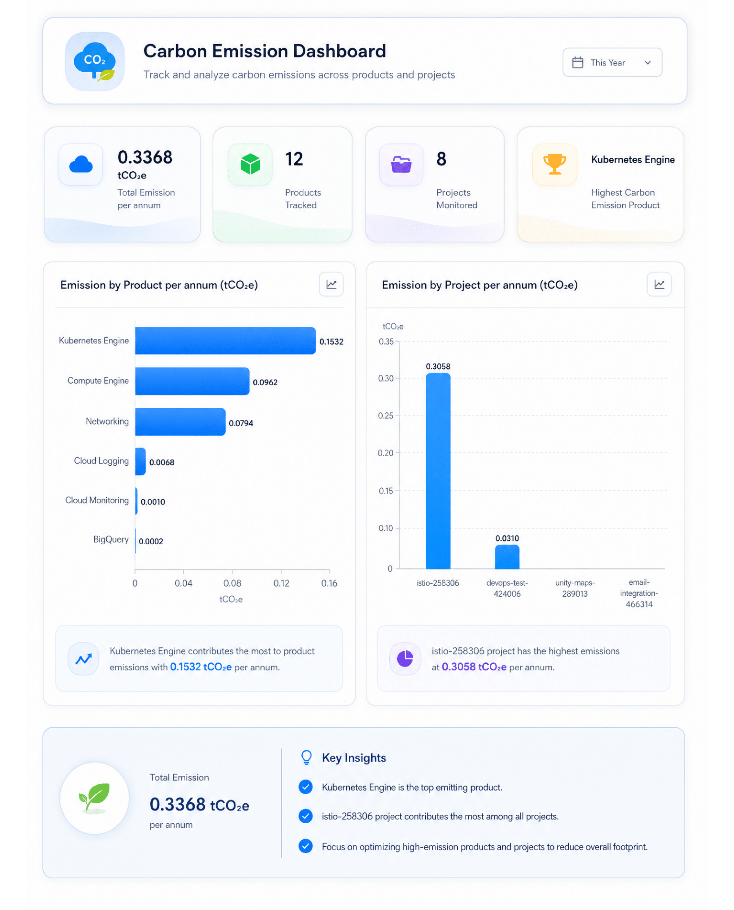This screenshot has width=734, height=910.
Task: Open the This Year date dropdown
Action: point(612,62)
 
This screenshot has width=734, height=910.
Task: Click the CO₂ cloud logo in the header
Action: point(95,61)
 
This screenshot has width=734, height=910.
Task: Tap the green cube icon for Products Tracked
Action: point(250,164)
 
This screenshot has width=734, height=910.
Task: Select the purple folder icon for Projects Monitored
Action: point(401,164)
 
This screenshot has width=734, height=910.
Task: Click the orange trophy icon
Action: point(554,164)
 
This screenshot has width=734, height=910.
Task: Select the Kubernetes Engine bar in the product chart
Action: point(225,341)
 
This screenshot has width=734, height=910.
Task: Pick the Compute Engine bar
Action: point(192,381)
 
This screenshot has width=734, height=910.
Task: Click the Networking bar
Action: point(181,422)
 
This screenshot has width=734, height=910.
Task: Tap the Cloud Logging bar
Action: point(140,461)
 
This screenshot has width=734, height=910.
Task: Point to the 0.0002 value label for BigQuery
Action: point(151,541)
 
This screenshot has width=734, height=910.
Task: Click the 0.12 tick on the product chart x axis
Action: point(281,583)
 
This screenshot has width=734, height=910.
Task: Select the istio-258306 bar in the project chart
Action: point(438,471)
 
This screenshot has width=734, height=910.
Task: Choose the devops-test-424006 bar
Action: point(507,557)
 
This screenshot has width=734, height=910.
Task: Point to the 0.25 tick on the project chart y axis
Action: point(385,416)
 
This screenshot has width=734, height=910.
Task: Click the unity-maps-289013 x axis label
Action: point(575,588)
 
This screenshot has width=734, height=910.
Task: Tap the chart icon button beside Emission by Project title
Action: point(659,284)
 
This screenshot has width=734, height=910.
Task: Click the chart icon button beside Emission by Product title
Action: point(331,284)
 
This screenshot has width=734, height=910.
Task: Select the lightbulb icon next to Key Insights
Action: point(307,758)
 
